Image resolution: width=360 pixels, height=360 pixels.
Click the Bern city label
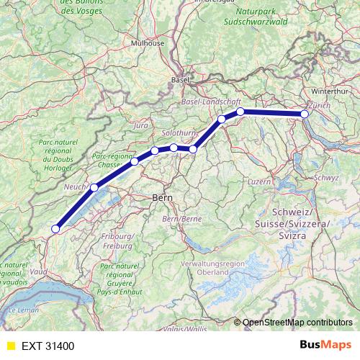pyautogui.click(x=160, y=197)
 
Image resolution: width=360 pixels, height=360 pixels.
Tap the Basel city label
pyautogui.click(x=179, y=80)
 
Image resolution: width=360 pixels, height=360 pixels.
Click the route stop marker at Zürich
pyautogui.click(x=305, y=114)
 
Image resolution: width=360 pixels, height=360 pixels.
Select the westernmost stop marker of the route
pyautogui.click(x=55, y=230)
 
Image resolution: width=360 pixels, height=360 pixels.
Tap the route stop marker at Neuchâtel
pyautogui.click(x=94, y=187)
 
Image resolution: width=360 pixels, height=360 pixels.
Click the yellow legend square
pyautogui.click(x=9, y=346)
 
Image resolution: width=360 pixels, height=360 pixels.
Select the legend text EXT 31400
pyautogui.click(x=48, y=346)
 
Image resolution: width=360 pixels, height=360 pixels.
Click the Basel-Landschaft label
pyautogui.click(x=210, y=102)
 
